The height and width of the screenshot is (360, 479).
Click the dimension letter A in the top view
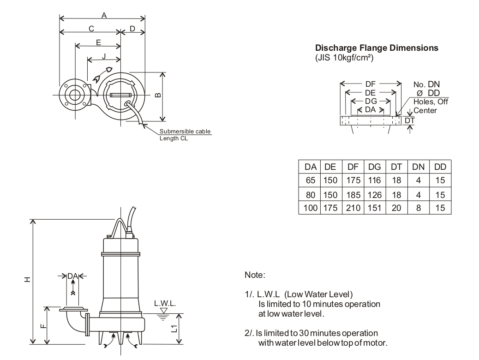(104, 15)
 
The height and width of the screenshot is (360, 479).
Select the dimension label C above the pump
(91, 29)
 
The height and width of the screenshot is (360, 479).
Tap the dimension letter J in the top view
(104, 56)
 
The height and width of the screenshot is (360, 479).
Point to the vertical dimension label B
(158, 95)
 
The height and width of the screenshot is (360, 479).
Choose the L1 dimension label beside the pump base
(174, 328)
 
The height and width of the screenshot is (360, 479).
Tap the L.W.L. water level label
(165, 303)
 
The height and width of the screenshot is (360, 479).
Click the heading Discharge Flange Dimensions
(377, 48)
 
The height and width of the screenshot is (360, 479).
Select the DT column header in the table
(396, 167)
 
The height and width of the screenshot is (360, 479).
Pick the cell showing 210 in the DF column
(353, 208)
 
